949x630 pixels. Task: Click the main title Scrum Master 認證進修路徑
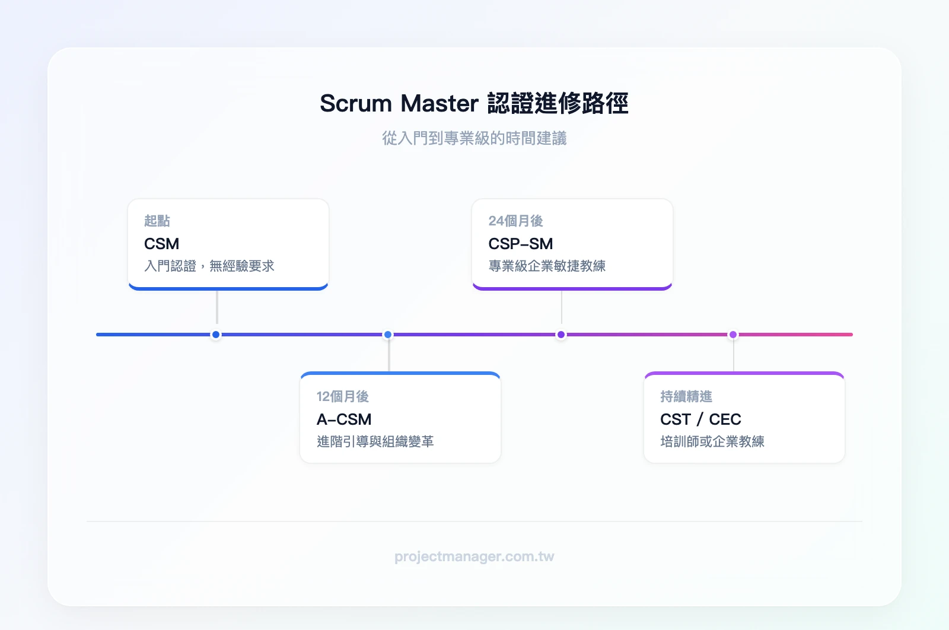point(474,103)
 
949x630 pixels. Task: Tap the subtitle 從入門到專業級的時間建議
point(474,138)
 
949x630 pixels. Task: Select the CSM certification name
point(161,244)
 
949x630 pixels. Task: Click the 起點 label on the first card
point(157,221)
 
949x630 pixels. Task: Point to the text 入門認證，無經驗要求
point(209,266)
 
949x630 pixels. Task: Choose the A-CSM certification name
point(344,419)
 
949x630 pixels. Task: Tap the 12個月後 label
point(342,396)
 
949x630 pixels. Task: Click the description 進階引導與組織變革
point(375,441)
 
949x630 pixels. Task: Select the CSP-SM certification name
point(520,244)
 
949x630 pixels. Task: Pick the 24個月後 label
point(515,221)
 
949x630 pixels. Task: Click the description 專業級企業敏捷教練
point(546,266)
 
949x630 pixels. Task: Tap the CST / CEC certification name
point(700,419)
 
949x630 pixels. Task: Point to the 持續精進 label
point(686,396)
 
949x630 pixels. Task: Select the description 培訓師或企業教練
point(712,441)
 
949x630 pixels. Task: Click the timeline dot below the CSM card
point(216,335)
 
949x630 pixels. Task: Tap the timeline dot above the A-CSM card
point(388,335)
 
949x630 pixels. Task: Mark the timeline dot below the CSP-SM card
point(561,335)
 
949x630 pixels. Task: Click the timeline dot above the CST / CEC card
point(733,335)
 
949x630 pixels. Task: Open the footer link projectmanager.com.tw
point(474,556)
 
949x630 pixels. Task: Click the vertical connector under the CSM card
point(217,307)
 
